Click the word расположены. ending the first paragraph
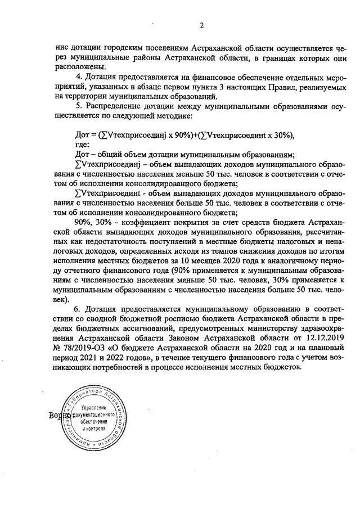78,66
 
